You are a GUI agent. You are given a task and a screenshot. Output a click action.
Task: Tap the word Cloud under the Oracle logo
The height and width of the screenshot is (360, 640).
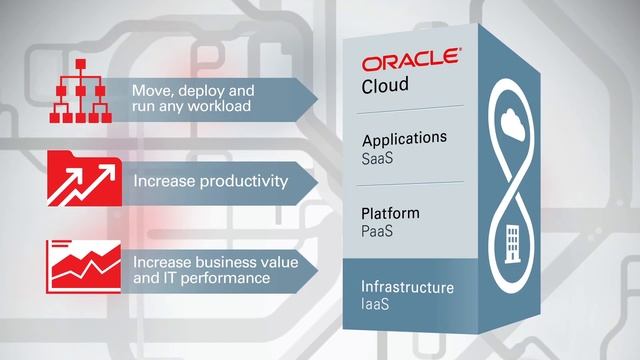tap(385, 87)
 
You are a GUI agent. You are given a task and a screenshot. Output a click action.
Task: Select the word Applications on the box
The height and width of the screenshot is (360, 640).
tap(404, 138)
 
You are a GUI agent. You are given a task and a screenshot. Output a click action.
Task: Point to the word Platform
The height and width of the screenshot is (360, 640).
tap(390, 213)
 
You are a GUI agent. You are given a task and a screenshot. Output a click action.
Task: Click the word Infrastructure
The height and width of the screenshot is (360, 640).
tap(407, 288)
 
